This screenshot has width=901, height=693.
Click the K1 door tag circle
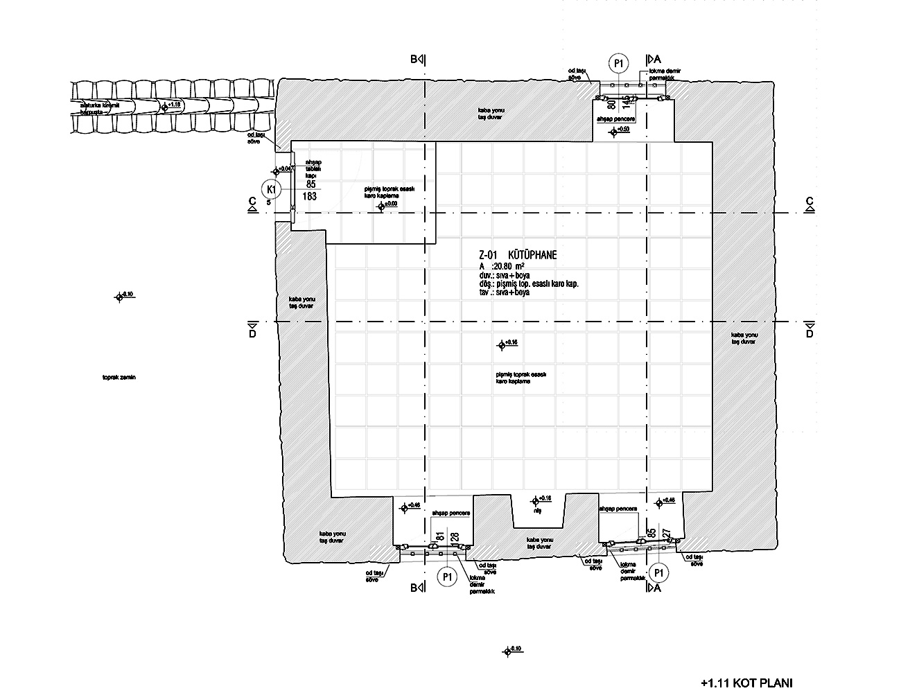pos(272,188)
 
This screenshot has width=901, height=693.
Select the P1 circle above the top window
pos(619,64)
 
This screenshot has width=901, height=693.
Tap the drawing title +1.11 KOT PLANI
pos(746,683)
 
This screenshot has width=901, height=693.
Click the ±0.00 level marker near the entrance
pos(380,207)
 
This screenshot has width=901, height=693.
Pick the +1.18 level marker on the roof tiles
pos(165,107)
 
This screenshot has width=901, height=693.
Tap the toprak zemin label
pos(119,378)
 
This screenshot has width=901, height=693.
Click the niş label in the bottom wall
pos(536,510)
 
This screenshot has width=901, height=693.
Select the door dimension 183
pos(310,197)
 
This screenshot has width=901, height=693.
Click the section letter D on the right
pos(809,333)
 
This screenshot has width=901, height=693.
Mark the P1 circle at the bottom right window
pos(658,573)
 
